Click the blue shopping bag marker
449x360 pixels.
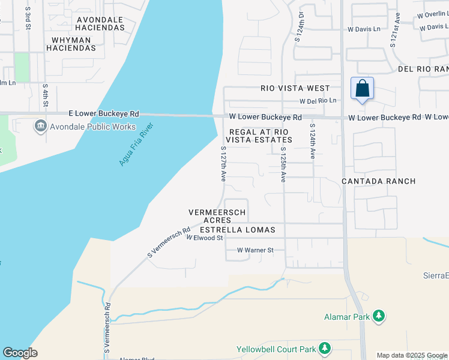[x=362, y=88]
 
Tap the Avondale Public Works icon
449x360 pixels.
[x=41, y=125]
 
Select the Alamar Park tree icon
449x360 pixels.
[x=378, y=316]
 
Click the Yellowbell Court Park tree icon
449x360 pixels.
[x=325, y=348]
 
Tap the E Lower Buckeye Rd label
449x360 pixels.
[x=104, y=113]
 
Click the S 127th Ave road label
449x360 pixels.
[x=223, y=164]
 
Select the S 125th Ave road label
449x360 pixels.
[x=282, y=164]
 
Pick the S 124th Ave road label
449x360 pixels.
[x=312, y=142]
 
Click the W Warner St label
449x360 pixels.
[x=255, y=250]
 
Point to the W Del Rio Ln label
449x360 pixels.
[x=318, y=101]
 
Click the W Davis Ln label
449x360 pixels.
[x=364, y=29]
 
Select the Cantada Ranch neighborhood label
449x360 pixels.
[x=379, y=181]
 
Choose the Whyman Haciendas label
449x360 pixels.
[x=71, y=40]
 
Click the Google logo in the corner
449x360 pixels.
[x=20, y=353]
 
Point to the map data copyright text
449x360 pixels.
[x=412, y=355]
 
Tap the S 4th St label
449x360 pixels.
[x=45, y=95]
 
